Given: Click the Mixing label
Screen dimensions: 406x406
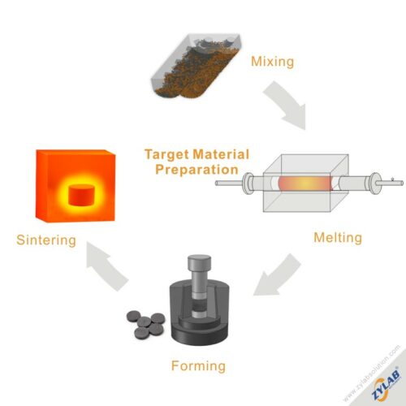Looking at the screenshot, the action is pyautogui.click(x=272, y=62).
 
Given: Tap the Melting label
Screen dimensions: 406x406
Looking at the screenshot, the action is pyautogui.click(x=338, y=238).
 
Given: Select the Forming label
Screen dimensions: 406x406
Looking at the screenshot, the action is pyautogui.click(x=198, y=366).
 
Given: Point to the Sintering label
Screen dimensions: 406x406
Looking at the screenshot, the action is pyautogui.click(x=46, y=240).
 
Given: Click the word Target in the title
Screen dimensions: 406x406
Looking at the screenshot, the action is pyautogui.click(x=166, y=154).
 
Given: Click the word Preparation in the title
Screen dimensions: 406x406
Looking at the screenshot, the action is pyautogui.click(x=197, y=170).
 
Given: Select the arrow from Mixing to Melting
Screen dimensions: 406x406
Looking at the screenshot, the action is pyautogui.click(x=287, y=104).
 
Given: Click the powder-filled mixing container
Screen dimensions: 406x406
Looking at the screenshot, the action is pyautogui.click(x=196, y=66).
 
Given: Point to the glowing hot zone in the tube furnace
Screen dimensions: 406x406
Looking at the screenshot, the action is pyautogui.click(x=304, y=184).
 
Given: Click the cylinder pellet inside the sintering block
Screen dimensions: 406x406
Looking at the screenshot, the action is pyautogui.click(x=81, y=195).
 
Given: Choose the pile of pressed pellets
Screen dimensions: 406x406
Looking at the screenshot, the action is pyautogui.click(x=145, y=324).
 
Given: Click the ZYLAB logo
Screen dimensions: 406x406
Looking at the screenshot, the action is pyautogui.click(x=386, y=384).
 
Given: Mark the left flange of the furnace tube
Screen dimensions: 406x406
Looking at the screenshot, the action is pyautogui.click(x=248, y=184).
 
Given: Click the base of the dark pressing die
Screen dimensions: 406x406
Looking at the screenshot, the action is pyautogui.click(x=200, y=334).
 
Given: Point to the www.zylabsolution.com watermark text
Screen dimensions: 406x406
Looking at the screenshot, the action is pyautogui.click(x=371, y=373).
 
